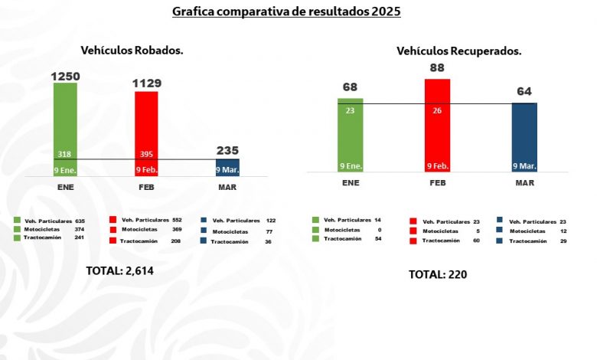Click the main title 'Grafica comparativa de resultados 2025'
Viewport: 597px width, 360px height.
(x=286, y=12)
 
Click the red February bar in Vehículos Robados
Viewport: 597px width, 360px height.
(x=147, y=130)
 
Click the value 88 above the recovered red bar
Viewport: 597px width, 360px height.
(x=438, y=68)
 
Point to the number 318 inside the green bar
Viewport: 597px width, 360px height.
(x=66, y=153)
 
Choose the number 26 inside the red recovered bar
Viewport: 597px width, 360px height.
(x=438, y=110)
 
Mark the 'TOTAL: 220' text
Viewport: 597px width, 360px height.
(x=438, y=274)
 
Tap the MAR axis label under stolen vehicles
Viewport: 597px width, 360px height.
(x=227, y=185)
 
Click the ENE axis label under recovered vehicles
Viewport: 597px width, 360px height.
(x=351, y=184)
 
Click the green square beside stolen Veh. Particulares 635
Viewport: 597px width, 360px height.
(x=18, y=220)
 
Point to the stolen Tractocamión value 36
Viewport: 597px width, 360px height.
(x=268, y=241)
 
